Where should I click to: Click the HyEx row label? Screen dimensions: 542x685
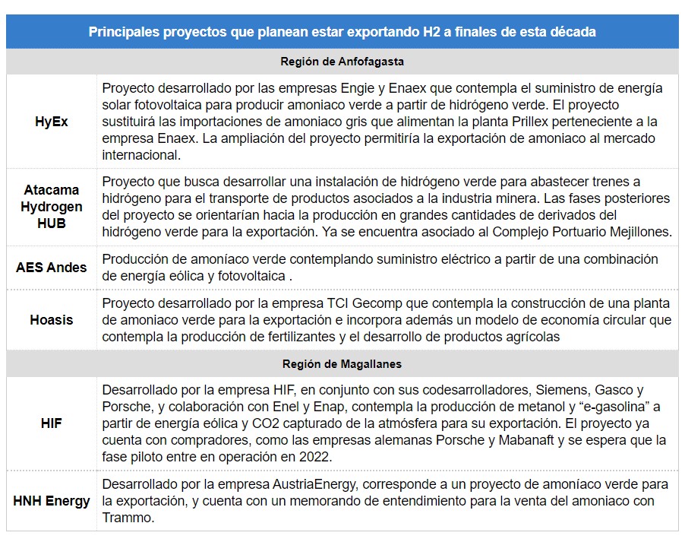tap(51, 121)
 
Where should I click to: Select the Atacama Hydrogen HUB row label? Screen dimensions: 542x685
tap(51, 207)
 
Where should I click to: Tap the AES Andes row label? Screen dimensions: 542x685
tap(51, 268)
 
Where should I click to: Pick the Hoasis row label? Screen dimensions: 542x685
tap(51, 319)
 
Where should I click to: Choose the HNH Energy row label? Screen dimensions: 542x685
tap(51, 501)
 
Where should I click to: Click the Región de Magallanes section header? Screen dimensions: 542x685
tap(342, 364)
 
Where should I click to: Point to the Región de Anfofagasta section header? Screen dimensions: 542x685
tap(342, 61)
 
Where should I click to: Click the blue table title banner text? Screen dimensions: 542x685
tap(342, 32)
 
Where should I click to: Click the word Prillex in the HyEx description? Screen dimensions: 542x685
tap(493, 122)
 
